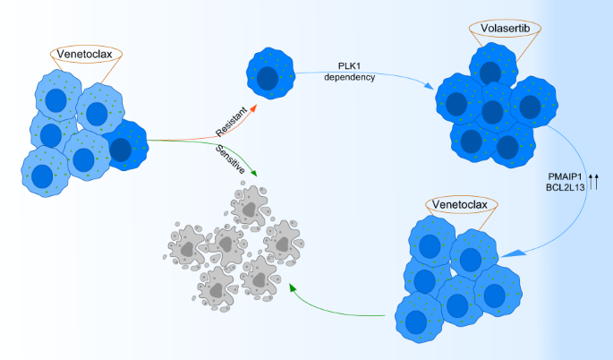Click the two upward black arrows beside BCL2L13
[x=594, y=184]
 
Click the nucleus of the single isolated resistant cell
[x=268, y=78]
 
